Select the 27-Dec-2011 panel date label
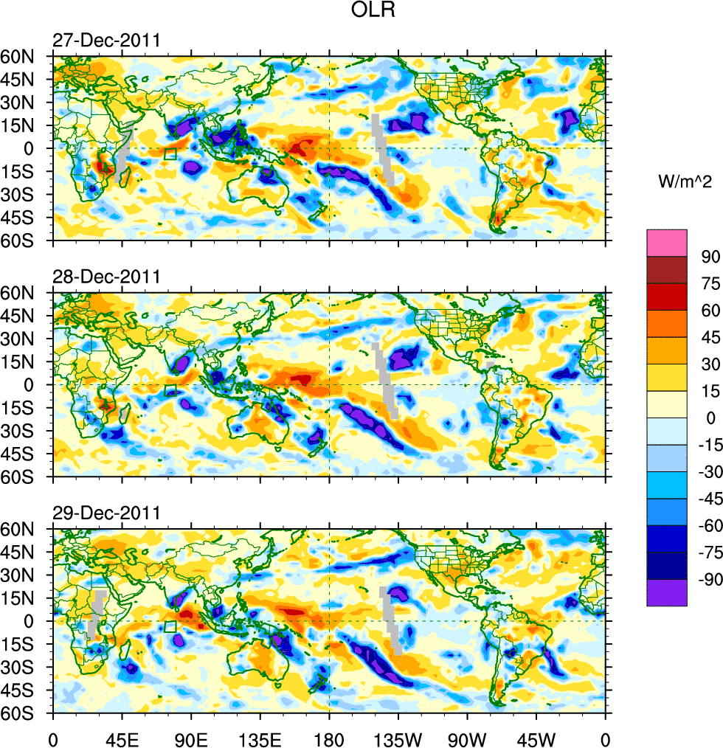pyautogui.click(x=105, y=41)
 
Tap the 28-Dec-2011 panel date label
pyautogui.click(x=105, y=277)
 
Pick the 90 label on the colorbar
pyautogui.click(x=710, y=256)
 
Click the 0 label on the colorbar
pyautogui.click(x=710, y=418)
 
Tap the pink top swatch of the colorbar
pyautogui.click(x=667, y=243)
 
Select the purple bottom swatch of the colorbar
pyautogui.click(x=667, y=593)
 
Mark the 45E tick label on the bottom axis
pyautogui.click(x=122, y=737)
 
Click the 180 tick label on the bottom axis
pyautogui.click(x=328, y=737)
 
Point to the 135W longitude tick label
pyautogui.click(x=398, y=737)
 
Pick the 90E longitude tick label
pyautogui.click(x=191, y=737)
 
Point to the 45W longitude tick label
pyautogui.click(x=536, y=737)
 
